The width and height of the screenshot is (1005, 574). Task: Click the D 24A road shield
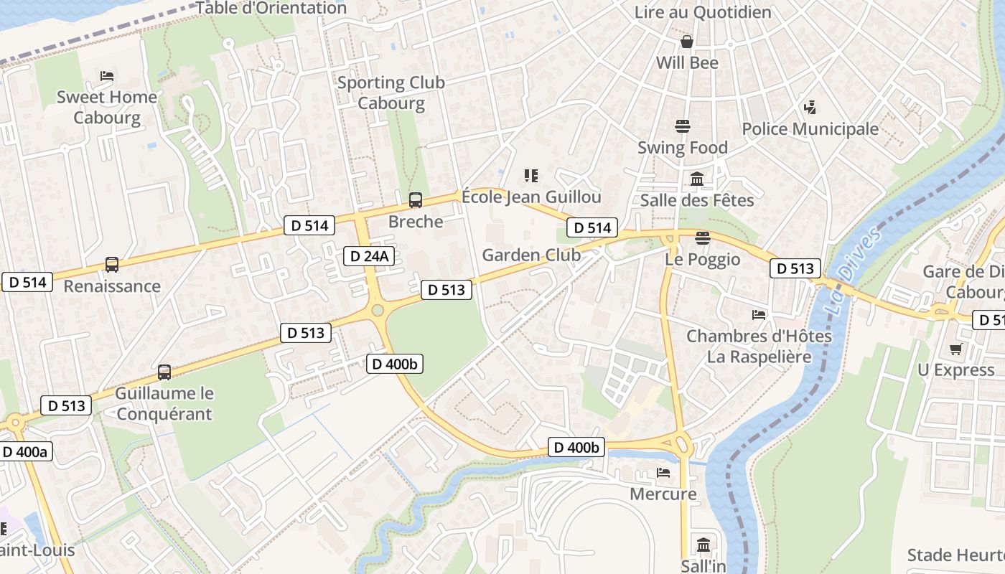(369, 256)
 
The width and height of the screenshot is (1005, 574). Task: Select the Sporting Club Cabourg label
(391, 93)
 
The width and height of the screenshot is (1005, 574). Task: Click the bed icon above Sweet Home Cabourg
(107, 75)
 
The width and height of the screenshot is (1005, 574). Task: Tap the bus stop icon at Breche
(415, 200)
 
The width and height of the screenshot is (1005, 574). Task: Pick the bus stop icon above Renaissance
(112, 264)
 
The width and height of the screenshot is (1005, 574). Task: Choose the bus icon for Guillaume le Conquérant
(164, 372)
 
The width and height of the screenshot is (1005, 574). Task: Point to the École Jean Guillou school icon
(531, 175)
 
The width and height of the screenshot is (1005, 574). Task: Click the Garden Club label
(531, 255)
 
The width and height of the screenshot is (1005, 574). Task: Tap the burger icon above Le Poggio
(702, 238)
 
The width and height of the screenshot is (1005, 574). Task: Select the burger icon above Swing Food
(683, 126)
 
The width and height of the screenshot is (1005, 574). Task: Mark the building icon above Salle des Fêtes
(697, 179)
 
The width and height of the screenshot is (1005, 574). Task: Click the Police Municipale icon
(810, 108)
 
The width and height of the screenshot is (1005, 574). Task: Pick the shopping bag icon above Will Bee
(687, 42)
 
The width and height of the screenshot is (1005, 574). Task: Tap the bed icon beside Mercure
(663, 473)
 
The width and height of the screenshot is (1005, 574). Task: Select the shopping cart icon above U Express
(955, 349)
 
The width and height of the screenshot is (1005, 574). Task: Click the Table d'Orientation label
(271, 8)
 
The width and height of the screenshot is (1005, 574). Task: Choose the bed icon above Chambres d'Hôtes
(759, 314)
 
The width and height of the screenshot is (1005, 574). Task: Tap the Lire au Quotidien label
(703, 12)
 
